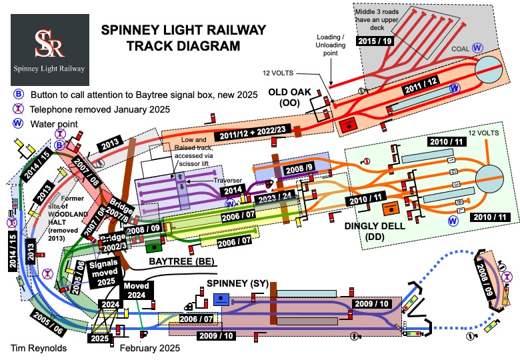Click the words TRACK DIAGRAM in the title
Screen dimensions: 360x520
click(183, 47)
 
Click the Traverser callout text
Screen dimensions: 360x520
click(208, 180)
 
